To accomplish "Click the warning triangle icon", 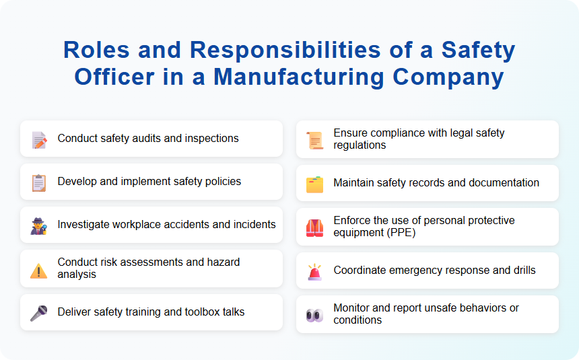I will coord(39,270).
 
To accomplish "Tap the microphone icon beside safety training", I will coord(39,313).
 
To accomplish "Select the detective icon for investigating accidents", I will coord(39,225).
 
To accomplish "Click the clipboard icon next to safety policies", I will coord(39,182).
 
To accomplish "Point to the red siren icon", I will coord(314,271).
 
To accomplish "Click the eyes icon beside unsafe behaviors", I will coord(314,315).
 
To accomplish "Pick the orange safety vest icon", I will coord(314,227).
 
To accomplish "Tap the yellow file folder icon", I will coord(314,184).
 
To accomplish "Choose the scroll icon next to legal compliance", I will coord(314,140).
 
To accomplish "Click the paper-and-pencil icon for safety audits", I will coord(39,139).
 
